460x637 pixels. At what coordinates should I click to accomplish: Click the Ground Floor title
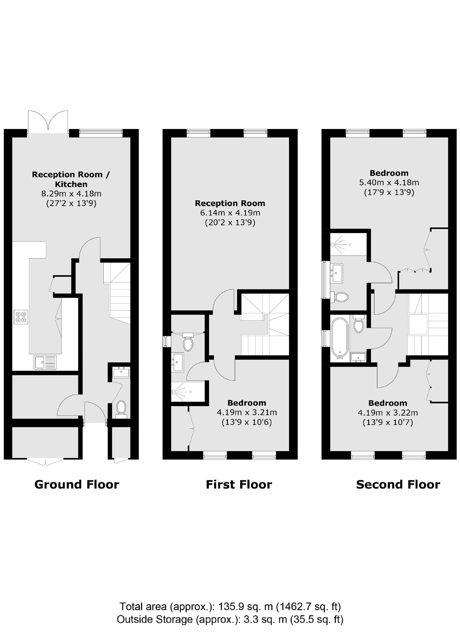(x=77, y=484)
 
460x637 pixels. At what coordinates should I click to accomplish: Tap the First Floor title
(x=239, y=484)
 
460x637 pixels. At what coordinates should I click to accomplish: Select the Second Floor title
(x=398, y=484)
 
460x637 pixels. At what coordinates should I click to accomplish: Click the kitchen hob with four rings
(x=21, y=317)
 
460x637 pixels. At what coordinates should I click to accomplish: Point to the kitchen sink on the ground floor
(x=46, y=362)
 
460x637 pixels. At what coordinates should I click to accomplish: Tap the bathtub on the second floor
(x=340, y=338)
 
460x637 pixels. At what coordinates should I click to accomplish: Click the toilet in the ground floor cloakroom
(x=121, y=409)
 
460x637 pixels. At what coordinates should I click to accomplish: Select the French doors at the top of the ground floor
(x=48, y=121)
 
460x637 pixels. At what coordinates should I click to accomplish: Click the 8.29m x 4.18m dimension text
(x=71, y=194)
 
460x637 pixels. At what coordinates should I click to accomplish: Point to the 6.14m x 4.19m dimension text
(x=230, y=213)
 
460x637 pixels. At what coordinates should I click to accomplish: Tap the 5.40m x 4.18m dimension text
(x=389, y=182)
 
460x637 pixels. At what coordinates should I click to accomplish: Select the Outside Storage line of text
(x=230, y=619)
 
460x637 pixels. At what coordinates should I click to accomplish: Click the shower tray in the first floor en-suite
(x=188, y=392)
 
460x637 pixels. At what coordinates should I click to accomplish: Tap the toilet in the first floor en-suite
(x=188, y=342)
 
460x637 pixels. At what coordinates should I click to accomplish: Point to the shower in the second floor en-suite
(x=348, y=244)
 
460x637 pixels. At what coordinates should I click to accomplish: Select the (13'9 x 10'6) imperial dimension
(x=247, y=422)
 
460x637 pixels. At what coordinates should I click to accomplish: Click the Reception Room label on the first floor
(x=230, y=204)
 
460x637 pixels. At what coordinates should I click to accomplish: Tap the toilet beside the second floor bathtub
(x=358, y=324)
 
